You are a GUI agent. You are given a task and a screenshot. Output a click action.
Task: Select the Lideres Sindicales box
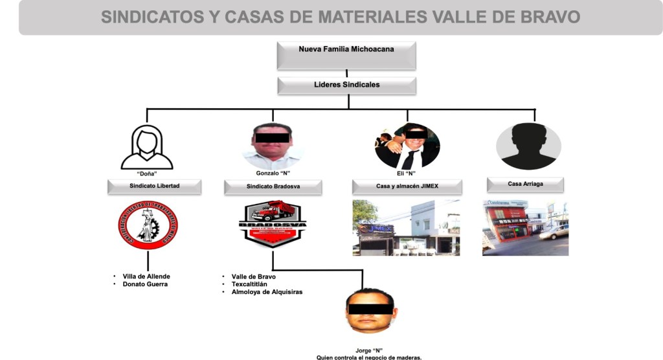pos(346,85)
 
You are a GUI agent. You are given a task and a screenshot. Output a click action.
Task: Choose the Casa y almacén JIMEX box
pos(407,186)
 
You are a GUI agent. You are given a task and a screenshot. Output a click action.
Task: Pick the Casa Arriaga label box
pos(525,185)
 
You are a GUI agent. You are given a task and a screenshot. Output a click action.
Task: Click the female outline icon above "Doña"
pos(147,148)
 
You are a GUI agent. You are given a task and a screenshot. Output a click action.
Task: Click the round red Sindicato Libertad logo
pos(148,225)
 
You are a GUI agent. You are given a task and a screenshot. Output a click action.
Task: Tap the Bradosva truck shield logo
pos(273,224)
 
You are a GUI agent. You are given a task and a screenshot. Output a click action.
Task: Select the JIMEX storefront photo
pos(407,227)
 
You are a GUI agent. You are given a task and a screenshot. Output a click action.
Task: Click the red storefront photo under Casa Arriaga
pos(525,227)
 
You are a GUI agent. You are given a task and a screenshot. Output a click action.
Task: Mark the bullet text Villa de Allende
pos(146,276)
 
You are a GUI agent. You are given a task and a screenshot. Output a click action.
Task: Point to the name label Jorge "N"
pos(369,350)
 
